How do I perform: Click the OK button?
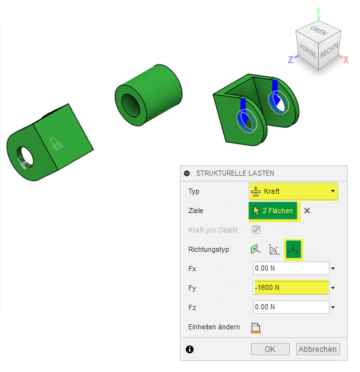tap(270, 349)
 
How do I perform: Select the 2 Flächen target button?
tap(273, 211)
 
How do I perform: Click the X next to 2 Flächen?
tap(307, 211)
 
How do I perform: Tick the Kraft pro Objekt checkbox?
tap(256, 230)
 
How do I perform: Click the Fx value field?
tap(291, 268)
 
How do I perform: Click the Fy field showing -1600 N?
tap(291, 287)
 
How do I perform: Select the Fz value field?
tap(291, 307)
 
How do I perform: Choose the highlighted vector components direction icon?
tap(294, 249)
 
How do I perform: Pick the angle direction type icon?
tap(274, 249)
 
